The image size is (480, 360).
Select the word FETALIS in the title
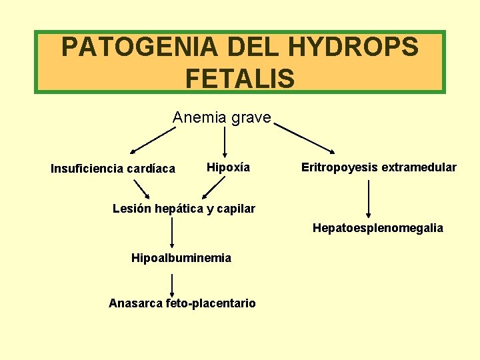[240, 79]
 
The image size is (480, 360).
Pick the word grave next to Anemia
[251, 118]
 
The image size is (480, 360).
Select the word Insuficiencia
[86, 169]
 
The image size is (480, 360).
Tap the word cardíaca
[150, 169]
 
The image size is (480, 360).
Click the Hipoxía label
[228, 167]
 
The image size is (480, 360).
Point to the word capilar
[235, 209]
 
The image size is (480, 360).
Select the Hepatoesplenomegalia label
[377, 228]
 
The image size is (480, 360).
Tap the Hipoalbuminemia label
[181, 258]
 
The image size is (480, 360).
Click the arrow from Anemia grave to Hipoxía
[225, 142]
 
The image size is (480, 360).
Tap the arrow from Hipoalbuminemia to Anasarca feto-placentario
[173, 281]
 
